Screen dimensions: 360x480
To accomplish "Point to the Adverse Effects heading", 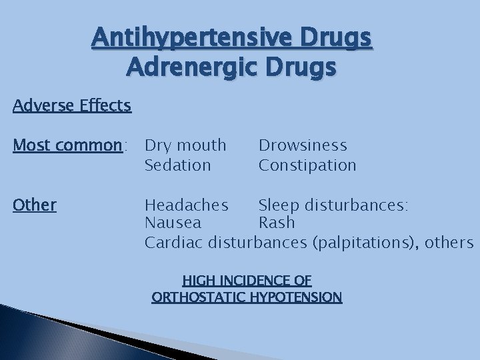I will pos(71,105).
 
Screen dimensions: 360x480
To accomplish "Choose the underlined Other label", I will pos(35,204).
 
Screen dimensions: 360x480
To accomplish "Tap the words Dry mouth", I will pos(185,145).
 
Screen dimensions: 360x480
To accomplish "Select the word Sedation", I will pos(177,164).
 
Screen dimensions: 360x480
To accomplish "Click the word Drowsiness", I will pos(303,145).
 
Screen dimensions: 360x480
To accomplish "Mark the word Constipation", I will pos(307,164).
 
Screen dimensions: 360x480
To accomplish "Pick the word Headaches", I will pos(187,204).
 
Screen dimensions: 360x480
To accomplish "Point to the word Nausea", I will pos(173,223).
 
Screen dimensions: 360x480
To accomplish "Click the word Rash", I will pos(277,223).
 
